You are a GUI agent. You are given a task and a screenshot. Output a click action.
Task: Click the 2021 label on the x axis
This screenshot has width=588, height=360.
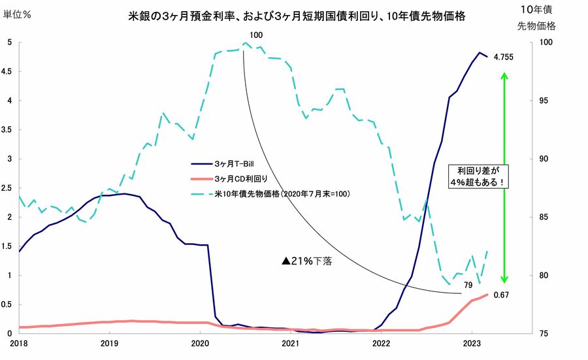[x=289, y=342]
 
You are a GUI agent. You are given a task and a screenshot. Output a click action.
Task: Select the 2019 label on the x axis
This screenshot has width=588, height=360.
[x=108, y=342]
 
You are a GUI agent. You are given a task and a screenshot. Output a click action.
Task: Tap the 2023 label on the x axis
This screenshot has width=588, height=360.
[x=472, y=342]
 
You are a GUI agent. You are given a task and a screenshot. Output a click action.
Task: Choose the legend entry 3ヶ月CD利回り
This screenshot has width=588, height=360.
[x=238, y=178]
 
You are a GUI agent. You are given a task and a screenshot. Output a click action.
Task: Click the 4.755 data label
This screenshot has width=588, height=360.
[x=503, y=57]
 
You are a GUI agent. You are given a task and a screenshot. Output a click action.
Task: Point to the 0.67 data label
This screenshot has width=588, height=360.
[x=502, y=295]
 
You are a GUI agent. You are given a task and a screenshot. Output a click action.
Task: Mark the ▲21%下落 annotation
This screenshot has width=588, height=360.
[x=307, y=260]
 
